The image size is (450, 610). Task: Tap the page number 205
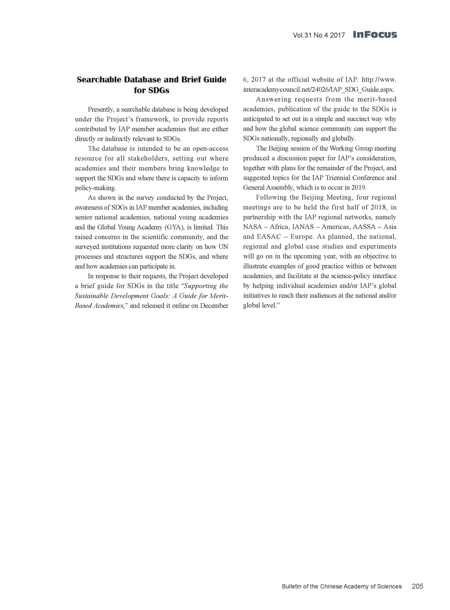coord(417,586)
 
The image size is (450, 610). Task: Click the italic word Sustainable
coord(91,295)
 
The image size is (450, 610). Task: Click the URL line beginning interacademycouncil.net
coord(319,89)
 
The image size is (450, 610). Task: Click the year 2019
coord(359,188)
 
